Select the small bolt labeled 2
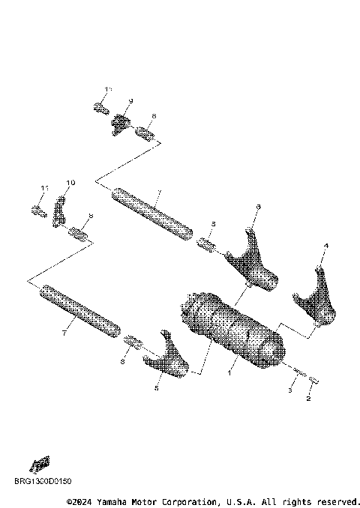pyautogui.click(x=314, y=380)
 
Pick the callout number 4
pyautogui.click(x=325, y=246)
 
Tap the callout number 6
pyautogui.click(x=258, y=206)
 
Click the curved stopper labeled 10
pyautogui.click(x=59, y=211)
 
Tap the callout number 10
pyautogui.click(x=70, y=183)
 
